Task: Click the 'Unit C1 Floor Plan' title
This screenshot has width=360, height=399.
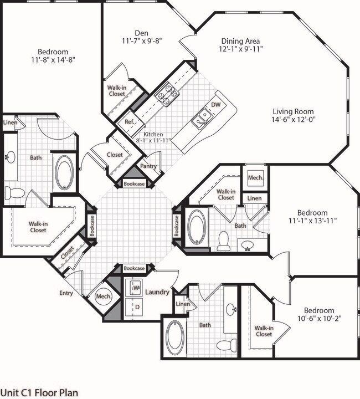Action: pyautogui.click(x=39, y=392)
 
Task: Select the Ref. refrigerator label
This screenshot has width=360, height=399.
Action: pyautogui.click(x=130, y=122)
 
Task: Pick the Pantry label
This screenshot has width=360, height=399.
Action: pyautogui.click(x=148, y=166)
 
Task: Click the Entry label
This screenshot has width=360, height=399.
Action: pyautogui.click(x=66, y=293)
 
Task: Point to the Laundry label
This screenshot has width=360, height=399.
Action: pyautogui.click(x=157, y=292)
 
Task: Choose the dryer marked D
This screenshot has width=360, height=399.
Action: pyautogui.click(x=136, y=306)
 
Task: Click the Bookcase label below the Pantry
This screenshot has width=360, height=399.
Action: pyautogui.click(x=134, y=182)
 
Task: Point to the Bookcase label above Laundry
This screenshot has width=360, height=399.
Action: pyautogui.click(x=134, y=268)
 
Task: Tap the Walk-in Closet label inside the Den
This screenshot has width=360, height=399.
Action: pyautogui.click(x=116, y=90)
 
